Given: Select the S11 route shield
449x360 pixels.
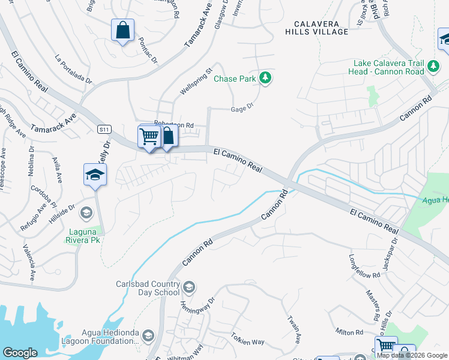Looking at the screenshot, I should point(104,129).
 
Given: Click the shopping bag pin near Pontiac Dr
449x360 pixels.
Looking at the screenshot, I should point(122,30).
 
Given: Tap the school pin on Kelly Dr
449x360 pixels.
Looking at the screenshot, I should point(95,175).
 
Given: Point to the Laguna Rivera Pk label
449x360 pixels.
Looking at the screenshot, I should point(83,235).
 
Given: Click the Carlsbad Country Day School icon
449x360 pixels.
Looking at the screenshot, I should point(188,287).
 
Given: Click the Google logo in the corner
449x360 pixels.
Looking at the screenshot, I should point(20,353).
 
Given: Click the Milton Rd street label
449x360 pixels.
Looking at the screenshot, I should point(350,332).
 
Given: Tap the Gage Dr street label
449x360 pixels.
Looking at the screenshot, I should point(243,109).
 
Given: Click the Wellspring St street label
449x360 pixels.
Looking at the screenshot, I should point(197,82).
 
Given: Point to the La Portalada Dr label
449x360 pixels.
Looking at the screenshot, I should point(73,70).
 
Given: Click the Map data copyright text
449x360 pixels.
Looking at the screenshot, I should point(412,355).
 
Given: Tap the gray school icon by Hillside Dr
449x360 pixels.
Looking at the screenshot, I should point(86,213).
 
